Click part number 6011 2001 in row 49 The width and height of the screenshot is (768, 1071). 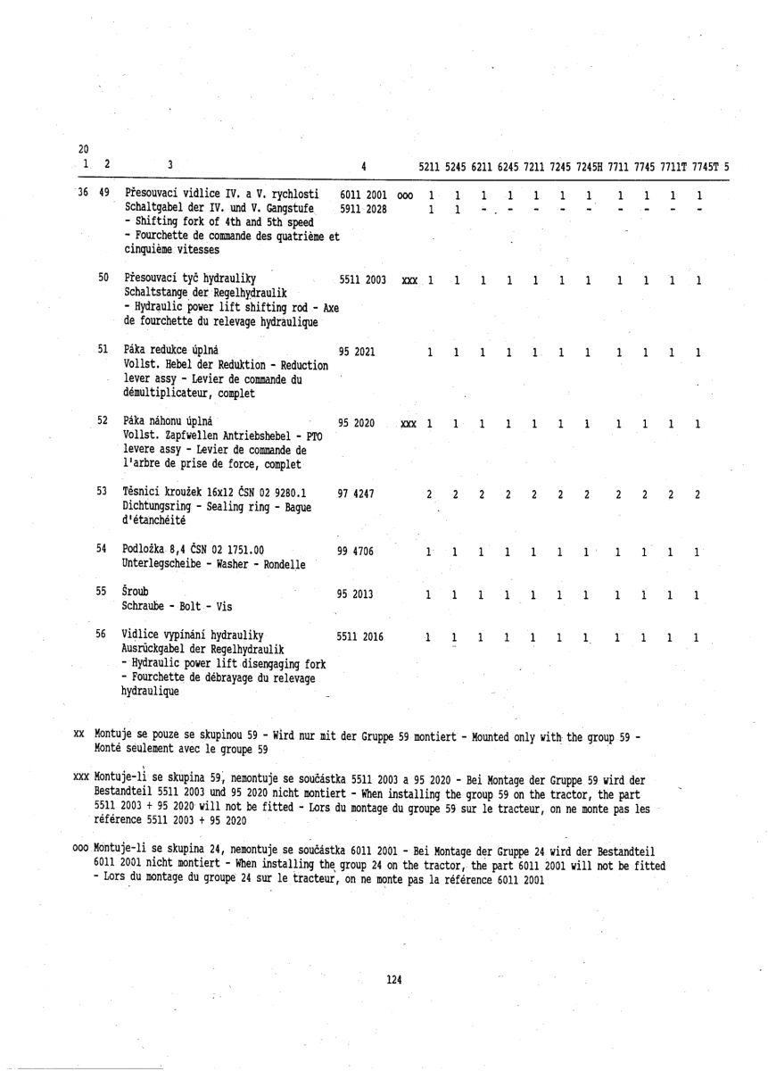(x=363, y=195)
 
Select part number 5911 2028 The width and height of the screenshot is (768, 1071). (x=363, y=210)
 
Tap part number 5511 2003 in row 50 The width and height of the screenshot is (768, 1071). (x=363, y=281)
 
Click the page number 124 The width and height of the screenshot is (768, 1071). (x=394, y=979)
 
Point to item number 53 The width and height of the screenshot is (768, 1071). (x=102, y=491)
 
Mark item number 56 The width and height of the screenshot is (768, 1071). (x=102, y=634)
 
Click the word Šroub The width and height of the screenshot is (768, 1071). (x=136, y=591)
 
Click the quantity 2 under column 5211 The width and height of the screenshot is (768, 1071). (x=430, y=494)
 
